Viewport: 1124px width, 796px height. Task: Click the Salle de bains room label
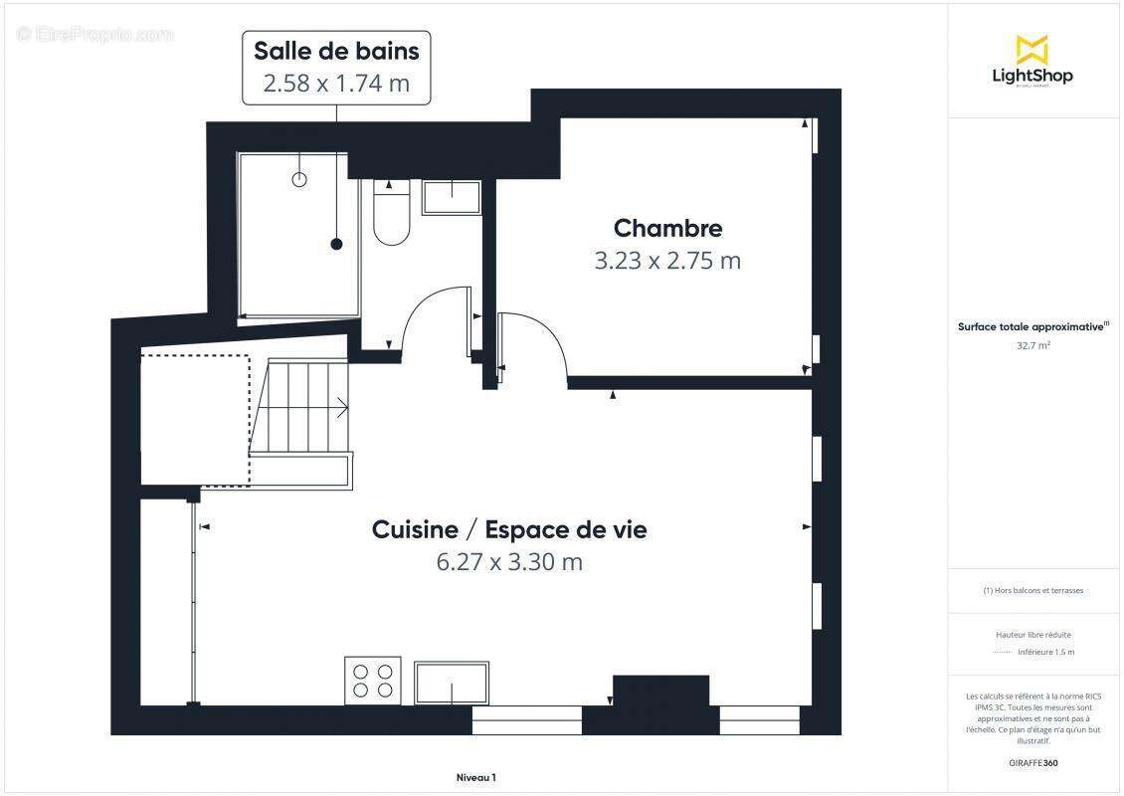[x=336, y=51]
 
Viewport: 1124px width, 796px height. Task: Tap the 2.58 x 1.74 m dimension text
[x=336, y=84]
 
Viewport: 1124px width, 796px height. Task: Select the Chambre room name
[x=667, y=228]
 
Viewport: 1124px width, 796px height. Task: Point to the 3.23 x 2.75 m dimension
[x=667, y=261]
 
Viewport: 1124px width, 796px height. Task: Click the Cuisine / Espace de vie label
[x=509, y=529]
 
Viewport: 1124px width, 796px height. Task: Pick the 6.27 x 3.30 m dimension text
[x=509, y=562]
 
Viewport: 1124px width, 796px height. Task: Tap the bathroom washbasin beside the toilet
[x=452, y=197]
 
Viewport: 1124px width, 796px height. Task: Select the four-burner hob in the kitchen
[x=373, y=681]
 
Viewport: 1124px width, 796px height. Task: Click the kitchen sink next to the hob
[x=452, y=683]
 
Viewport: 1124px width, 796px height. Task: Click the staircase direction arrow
[x=340, y=407]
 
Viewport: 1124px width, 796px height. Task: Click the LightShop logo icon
[x=1031, y=49]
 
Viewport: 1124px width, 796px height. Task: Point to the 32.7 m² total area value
[x=1033, y=346]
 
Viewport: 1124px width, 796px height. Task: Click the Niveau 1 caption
[x=475, y=777]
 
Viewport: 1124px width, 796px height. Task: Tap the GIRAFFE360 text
[x=1033, y=763]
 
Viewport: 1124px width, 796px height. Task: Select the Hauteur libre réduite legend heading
[x=1033, y=634]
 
